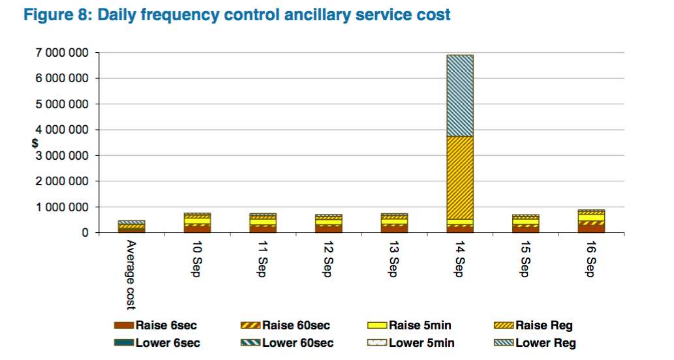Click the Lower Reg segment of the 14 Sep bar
460,95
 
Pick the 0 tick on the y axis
85,233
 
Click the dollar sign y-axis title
35,143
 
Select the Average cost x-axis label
130,273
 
